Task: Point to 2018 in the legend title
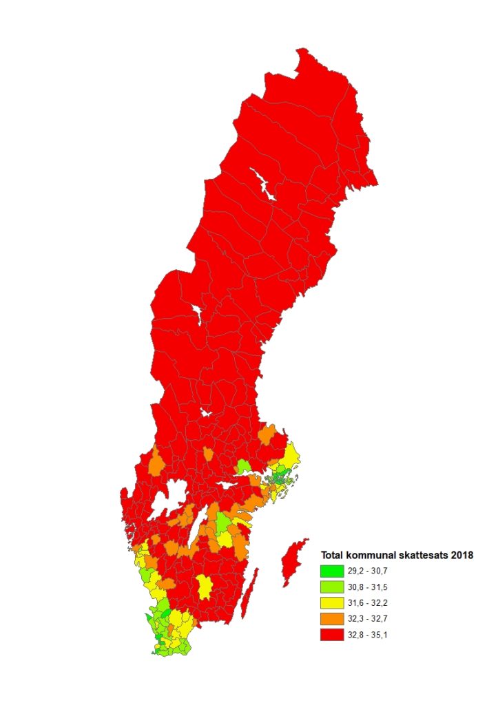pyautogui.click(x=463, y=556)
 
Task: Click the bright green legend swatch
pyautogui.click(x=332, y=571)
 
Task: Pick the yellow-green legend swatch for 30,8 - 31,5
pyautogui.click(x=332, y=587)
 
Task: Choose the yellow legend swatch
pyautogui.click(x=332, y=603)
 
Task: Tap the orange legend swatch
pyautogui.click(x=332, y=619)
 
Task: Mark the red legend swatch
pyautogui.click(x=332, y=635)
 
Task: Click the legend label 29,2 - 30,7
pyautogui.click(x=370, y=571)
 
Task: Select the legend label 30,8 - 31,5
pyautogui.click(x=370, y=587)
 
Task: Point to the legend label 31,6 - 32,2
pyautogui.click(x=370, y=603)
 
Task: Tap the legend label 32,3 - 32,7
pyautogui.click(x=370, y=619)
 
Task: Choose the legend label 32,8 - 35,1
pyautogui.click(x=370, y=635)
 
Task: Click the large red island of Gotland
pyautogui.click(x=292, y=561)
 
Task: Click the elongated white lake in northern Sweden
pyautogui.click(x=262, y=185)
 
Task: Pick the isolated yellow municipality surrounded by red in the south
pyautogui.click(x=204, y=587)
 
